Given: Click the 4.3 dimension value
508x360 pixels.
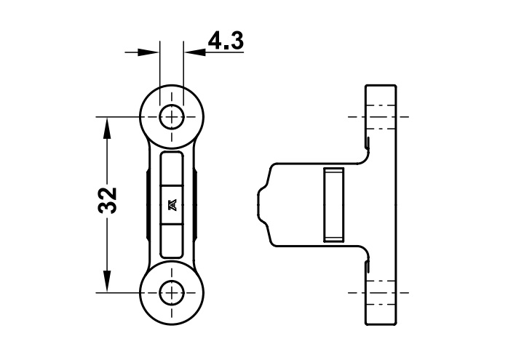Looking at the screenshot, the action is click(226, 41).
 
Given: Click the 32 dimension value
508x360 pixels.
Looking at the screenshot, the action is click(107, 200).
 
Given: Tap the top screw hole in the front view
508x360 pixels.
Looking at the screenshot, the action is click(172, 116).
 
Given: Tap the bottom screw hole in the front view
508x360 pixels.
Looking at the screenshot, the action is click(172, 293).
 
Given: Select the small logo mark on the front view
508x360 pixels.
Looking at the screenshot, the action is click(172, 204).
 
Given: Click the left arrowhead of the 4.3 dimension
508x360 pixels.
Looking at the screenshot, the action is click(148, 52).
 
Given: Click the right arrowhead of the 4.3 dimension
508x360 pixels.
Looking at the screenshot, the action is click(194, 52).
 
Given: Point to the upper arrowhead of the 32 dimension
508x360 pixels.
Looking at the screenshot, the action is click(107, 128).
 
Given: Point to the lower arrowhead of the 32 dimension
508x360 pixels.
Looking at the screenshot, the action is click(107, 281).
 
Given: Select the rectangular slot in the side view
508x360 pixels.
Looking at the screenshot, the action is click(333, 205).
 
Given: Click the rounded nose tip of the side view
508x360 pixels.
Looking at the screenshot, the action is click(259, 205).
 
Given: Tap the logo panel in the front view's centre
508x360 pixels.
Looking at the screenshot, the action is click(172, 204).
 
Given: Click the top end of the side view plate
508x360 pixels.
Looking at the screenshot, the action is click(381, 86).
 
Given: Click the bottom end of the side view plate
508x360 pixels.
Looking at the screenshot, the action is click(381, 324).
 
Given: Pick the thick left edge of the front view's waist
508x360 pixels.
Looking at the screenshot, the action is click(148, 204).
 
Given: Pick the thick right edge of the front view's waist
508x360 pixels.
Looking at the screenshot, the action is click(196, 204).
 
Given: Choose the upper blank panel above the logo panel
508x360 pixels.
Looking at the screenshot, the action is click(172, 169).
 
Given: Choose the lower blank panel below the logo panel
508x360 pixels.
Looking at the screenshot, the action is click(172, 241).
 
